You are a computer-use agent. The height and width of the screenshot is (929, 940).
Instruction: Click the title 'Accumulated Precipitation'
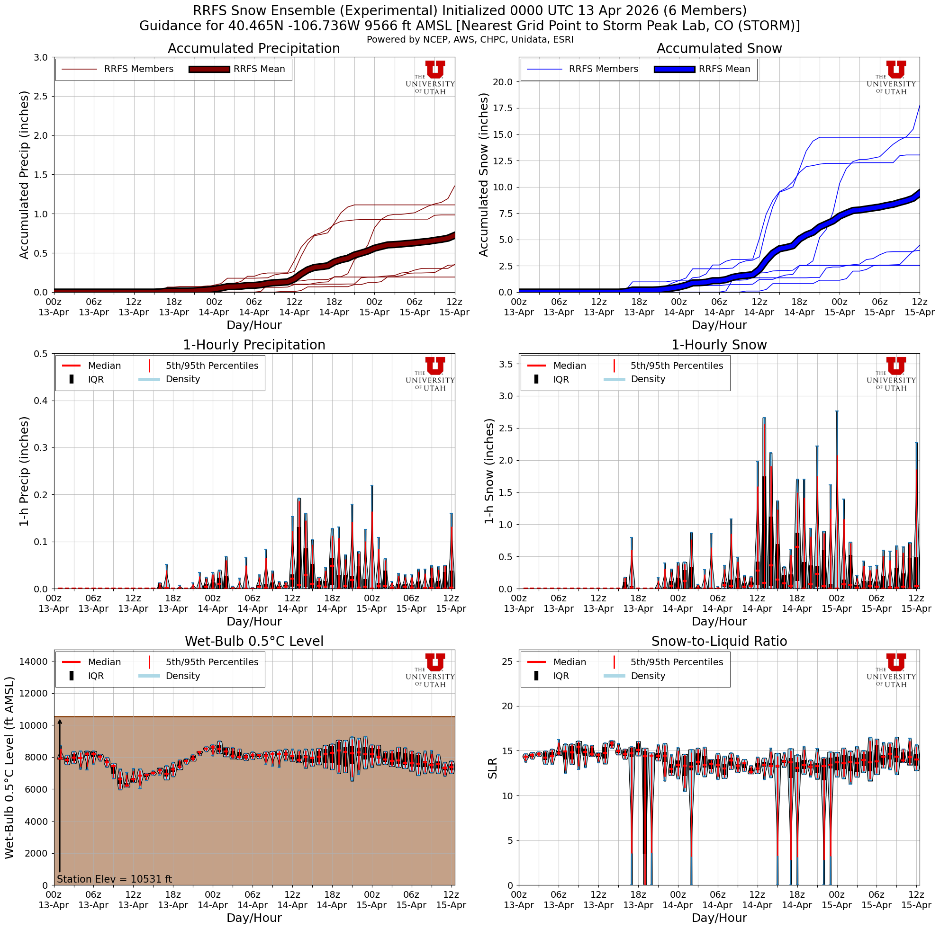click(x=253, y=49)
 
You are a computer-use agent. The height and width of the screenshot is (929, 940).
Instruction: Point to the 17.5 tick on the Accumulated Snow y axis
click(x=503, y=108)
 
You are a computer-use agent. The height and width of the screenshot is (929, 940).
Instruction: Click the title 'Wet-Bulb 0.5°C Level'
click(x=253, y=642)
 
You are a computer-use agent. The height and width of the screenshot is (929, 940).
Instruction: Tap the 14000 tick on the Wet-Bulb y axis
click(x=34, y=661)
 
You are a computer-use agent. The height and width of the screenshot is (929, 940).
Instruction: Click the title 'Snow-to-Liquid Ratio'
click(x=719, y=642)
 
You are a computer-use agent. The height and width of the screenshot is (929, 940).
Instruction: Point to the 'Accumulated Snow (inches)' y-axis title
click(x=484, y=175)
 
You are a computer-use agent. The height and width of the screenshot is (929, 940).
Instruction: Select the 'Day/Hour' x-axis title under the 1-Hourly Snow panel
click(x=719, y=621)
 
